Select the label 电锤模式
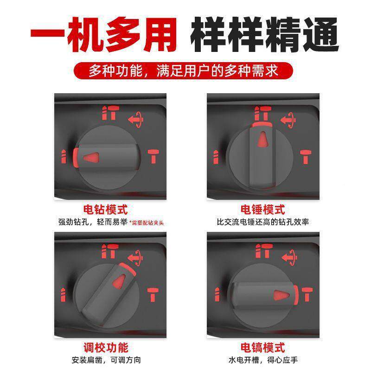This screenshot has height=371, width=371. coord(263,210)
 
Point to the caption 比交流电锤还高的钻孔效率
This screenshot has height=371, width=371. coord(263,222)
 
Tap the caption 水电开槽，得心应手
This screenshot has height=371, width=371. coord(263,359)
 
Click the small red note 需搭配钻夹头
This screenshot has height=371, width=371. coord(147,223)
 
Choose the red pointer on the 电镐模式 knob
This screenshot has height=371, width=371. coord(281,294)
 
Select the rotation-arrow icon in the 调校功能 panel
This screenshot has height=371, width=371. coord(135,256)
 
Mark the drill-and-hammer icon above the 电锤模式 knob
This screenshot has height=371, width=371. coord(263,113)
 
